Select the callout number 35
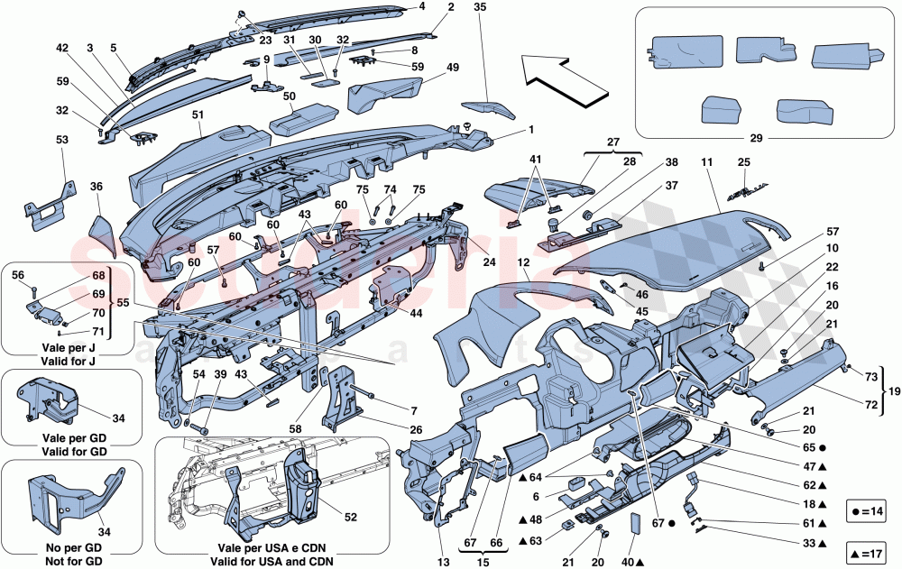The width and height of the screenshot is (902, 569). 480,7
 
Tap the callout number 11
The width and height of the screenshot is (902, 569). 708,163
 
